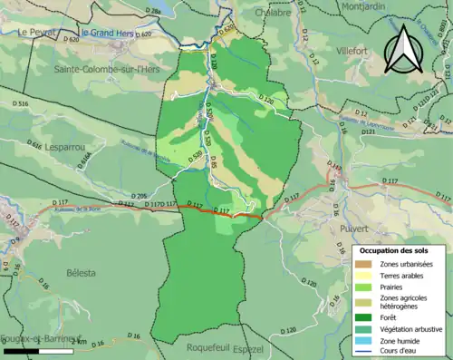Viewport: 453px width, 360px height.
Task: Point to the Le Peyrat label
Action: click(x=39, y=32)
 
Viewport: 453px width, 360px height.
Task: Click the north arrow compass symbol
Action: click(x=404, y=48)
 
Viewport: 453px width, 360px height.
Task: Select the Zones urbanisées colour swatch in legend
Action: click(x=366, y=264)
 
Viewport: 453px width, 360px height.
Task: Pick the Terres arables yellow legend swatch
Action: click(x=366, y=275)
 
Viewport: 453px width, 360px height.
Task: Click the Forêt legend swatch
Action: click(x=366, y=317)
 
